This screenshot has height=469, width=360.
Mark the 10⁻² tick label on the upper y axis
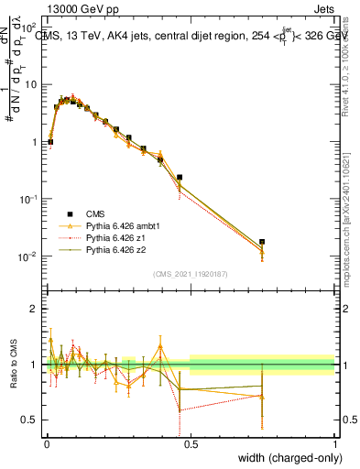[x=29, y=256]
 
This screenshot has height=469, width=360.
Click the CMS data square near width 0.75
[x=262, y=242]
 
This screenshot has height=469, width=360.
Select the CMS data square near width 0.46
[x=180, y=177]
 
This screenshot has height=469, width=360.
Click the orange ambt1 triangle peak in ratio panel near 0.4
[x=161, y=346]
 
